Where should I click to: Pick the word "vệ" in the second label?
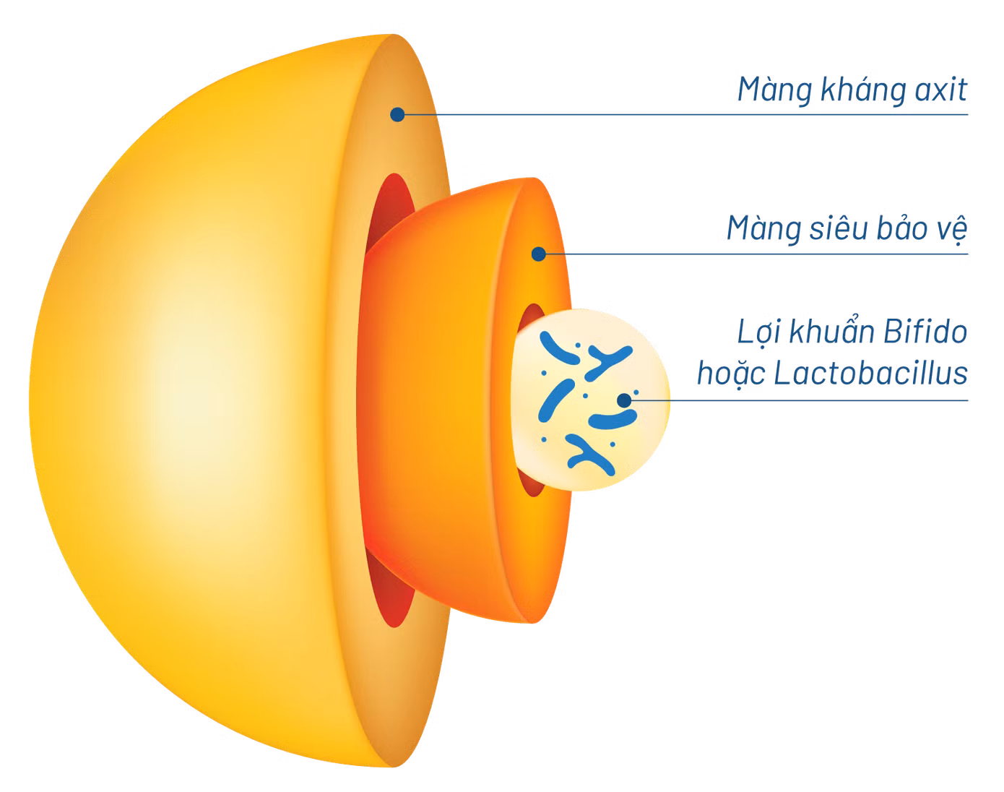tap(952, 231)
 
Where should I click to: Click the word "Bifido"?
tap(925, 331)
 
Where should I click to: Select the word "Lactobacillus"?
tap(870, 374)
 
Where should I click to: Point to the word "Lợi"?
tap(758, 332)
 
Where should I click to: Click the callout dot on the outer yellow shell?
tap(397, 114)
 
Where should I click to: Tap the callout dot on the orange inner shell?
tap(538, 254)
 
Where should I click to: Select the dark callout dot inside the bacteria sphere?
tap(624, 400)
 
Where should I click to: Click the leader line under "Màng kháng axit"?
tap(685, 114)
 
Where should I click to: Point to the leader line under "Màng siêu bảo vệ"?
tap(757, 254)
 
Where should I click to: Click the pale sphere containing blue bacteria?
tap(591, 400)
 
